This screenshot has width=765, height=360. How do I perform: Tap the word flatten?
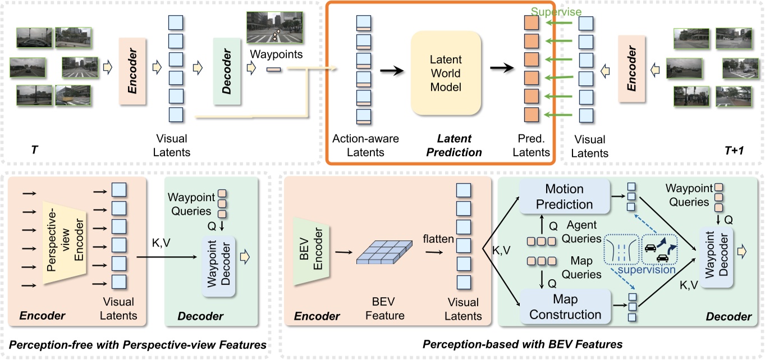coord(438,239)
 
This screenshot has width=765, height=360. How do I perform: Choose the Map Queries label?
coord(581,268)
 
